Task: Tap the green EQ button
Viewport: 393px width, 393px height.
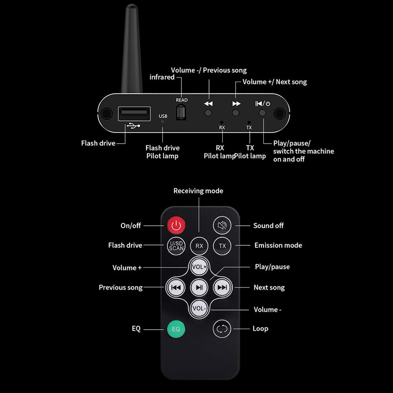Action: [176, 329]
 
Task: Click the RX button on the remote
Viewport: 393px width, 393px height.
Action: [199, 246]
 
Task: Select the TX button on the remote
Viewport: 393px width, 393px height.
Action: [222, 246]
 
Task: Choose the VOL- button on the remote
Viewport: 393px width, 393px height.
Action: [199, 308]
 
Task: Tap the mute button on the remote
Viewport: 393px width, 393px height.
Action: [222, 225]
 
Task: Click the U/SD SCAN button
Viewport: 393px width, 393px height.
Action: [176, 246]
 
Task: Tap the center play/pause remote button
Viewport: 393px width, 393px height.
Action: [199, 288]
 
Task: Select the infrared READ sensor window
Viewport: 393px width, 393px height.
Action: [181, 113]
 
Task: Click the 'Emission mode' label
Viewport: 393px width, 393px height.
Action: [278, 245]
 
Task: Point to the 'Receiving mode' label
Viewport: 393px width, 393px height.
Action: [198, 191]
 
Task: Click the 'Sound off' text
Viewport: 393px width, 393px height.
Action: [268, 226]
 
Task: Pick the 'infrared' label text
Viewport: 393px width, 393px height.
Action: [162, 77]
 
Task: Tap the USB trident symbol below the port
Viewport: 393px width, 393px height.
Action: [133, 126]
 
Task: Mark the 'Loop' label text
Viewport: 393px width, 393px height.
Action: [260, 329]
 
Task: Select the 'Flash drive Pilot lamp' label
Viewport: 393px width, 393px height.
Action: [162, 152]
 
